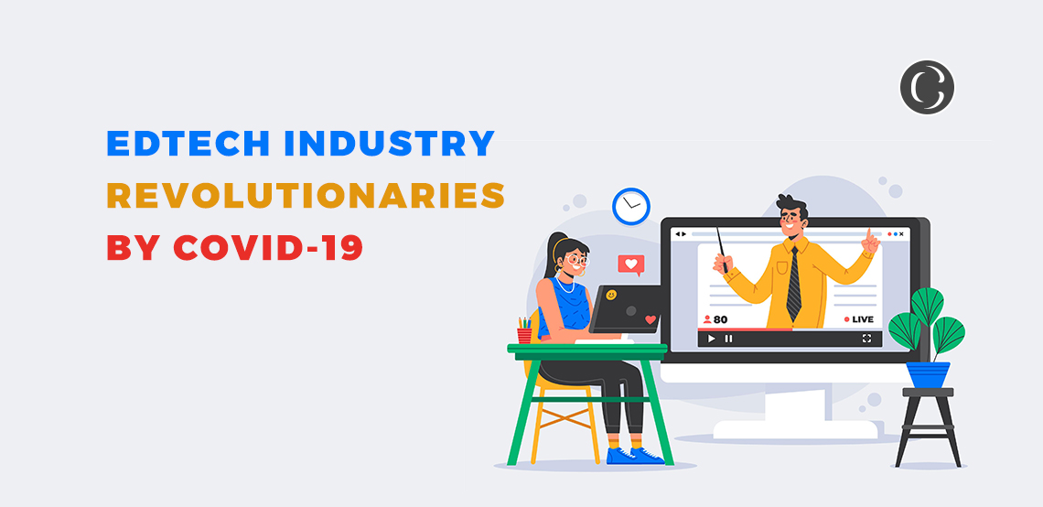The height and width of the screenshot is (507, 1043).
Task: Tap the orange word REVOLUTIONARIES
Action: click(x=306, y=195)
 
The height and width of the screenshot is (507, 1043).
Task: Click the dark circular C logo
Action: click(x=926, y=88)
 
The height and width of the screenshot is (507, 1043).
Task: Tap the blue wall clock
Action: click(x=630, y=206)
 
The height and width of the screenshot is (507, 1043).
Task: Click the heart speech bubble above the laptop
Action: click(x=629, y=265)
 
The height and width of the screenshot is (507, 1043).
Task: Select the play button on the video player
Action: click(x=711, y=339)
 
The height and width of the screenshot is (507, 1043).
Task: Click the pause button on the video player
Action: click(x=729, y=339)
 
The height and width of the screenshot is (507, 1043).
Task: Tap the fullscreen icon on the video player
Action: click(x=866, y=339)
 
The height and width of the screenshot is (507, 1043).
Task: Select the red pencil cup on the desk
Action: click(x=524, y=334)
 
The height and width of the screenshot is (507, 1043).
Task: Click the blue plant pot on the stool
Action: click(x=927, y=373)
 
